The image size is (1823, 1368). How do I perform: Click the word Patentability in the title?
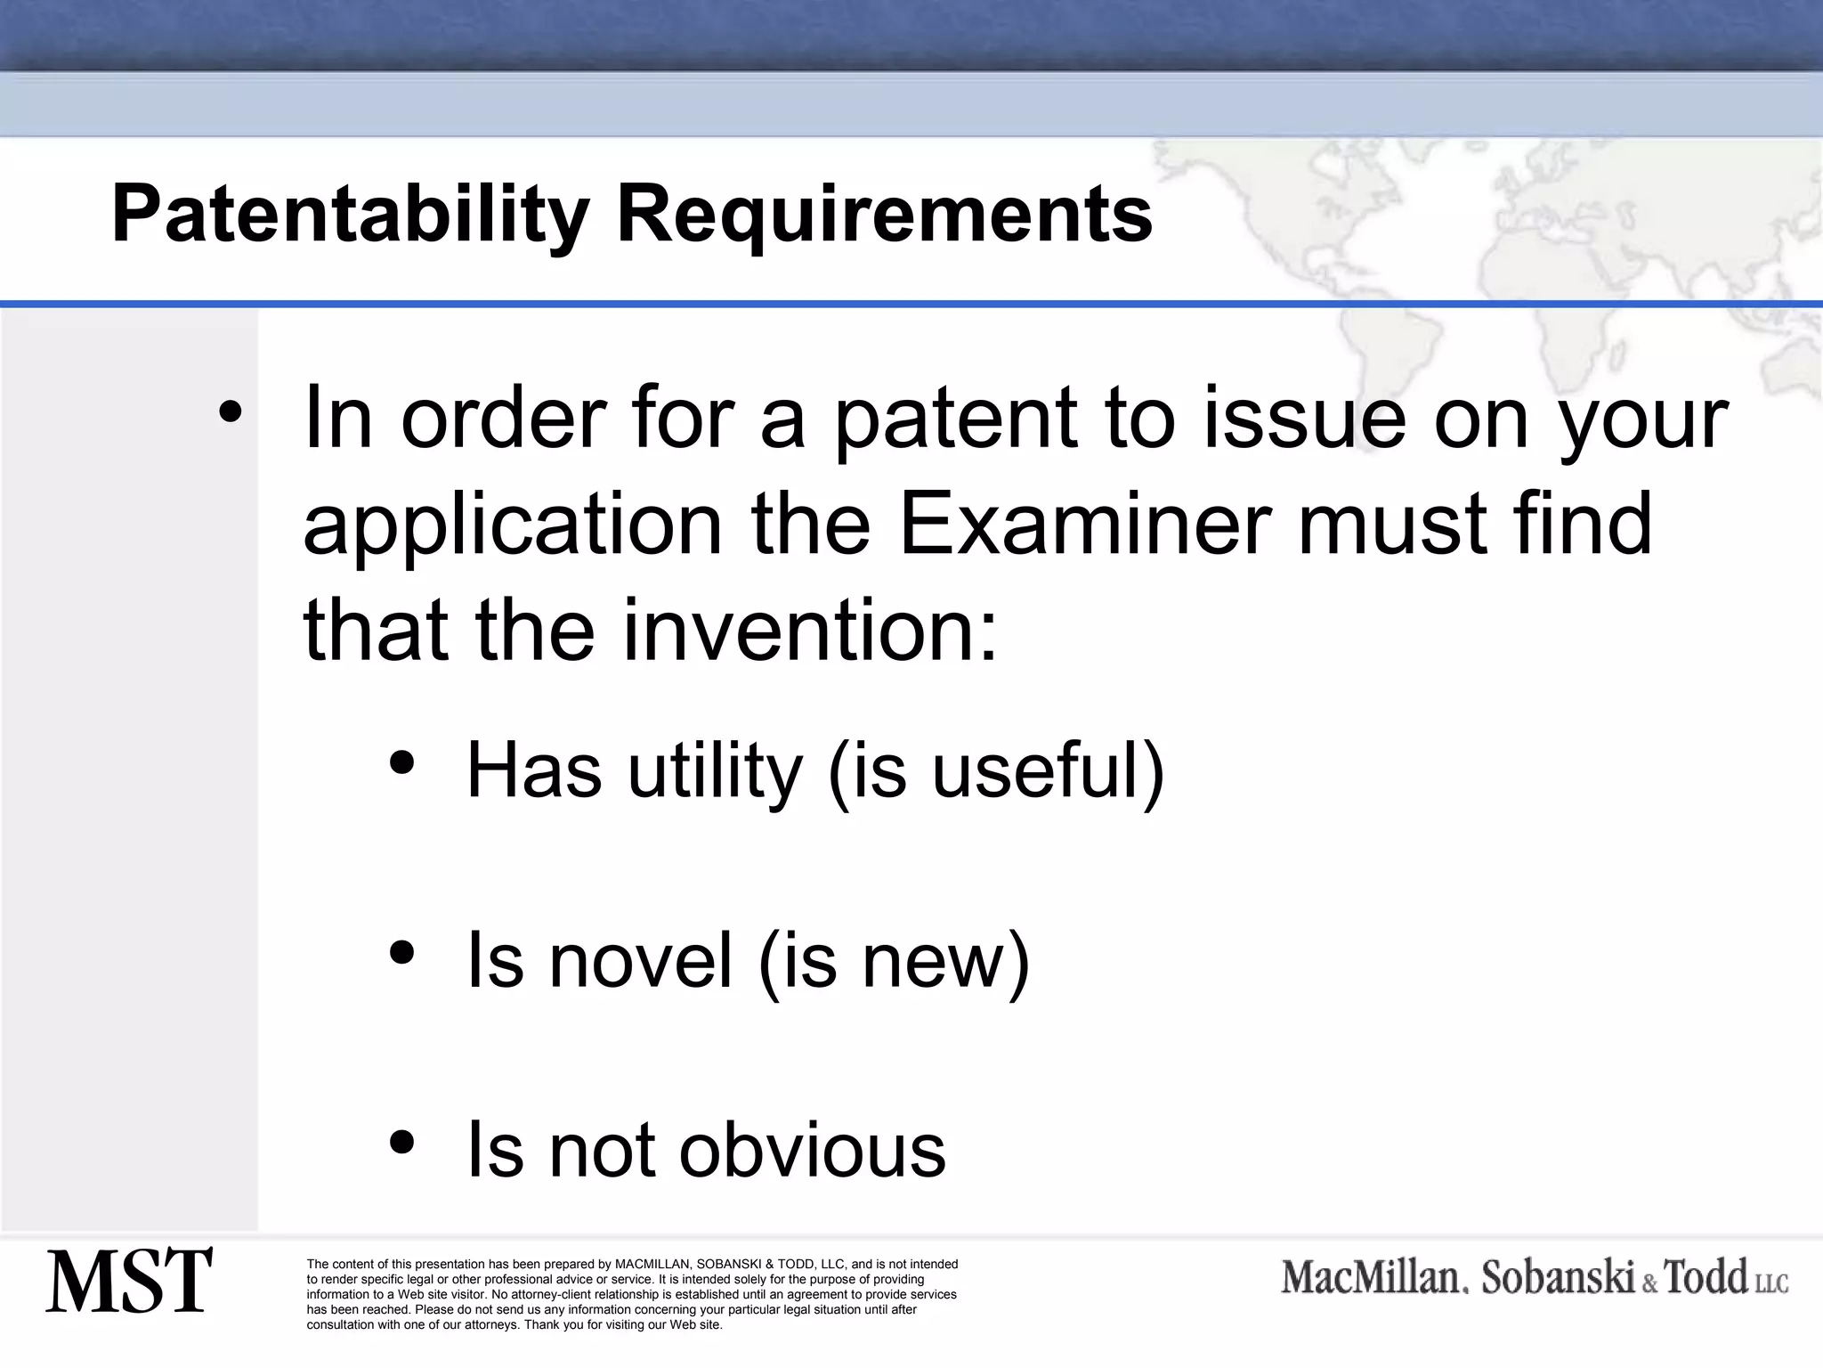pos(350,215)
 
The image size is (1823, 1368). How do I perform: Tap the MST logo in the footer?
pos(129,1281)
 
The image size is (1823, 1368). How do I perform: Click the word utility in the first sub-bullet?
pos(715,770)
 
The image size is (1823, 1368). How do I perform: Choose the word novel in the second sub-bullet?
pos(641,960)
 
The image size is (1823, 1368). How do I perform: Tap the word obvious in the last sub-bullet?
pos(813,1150)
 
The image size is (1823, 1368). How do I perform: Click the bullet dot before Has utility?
pos(402,763)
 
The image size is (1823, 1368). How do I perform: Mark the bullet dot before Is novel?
pos(402,953)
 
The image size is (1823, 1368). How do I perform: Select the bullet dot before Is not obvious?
pos(402,1143)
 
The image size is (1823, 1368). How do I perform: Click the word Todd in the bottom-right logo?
pos(1706,1277)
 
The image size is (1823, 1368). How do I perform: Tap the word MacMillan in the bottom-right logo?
pos(1372,1278)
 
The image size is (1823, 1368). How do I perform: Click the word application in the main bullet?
pos(513,525)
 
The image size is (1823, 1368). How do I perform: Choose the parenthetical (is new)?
pos(894,960)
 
